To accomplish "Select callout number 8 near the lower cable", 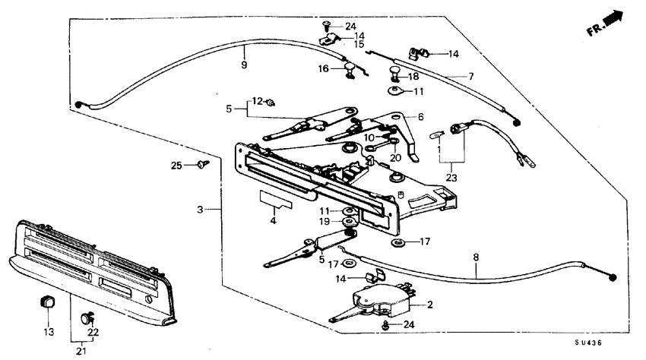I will [x=476, y=258].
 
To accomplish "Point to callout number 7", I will [x=470, y=77].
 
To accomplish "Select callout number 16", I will [x=322, y=68].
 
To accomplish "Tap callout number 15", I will [x=359, y=45].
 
